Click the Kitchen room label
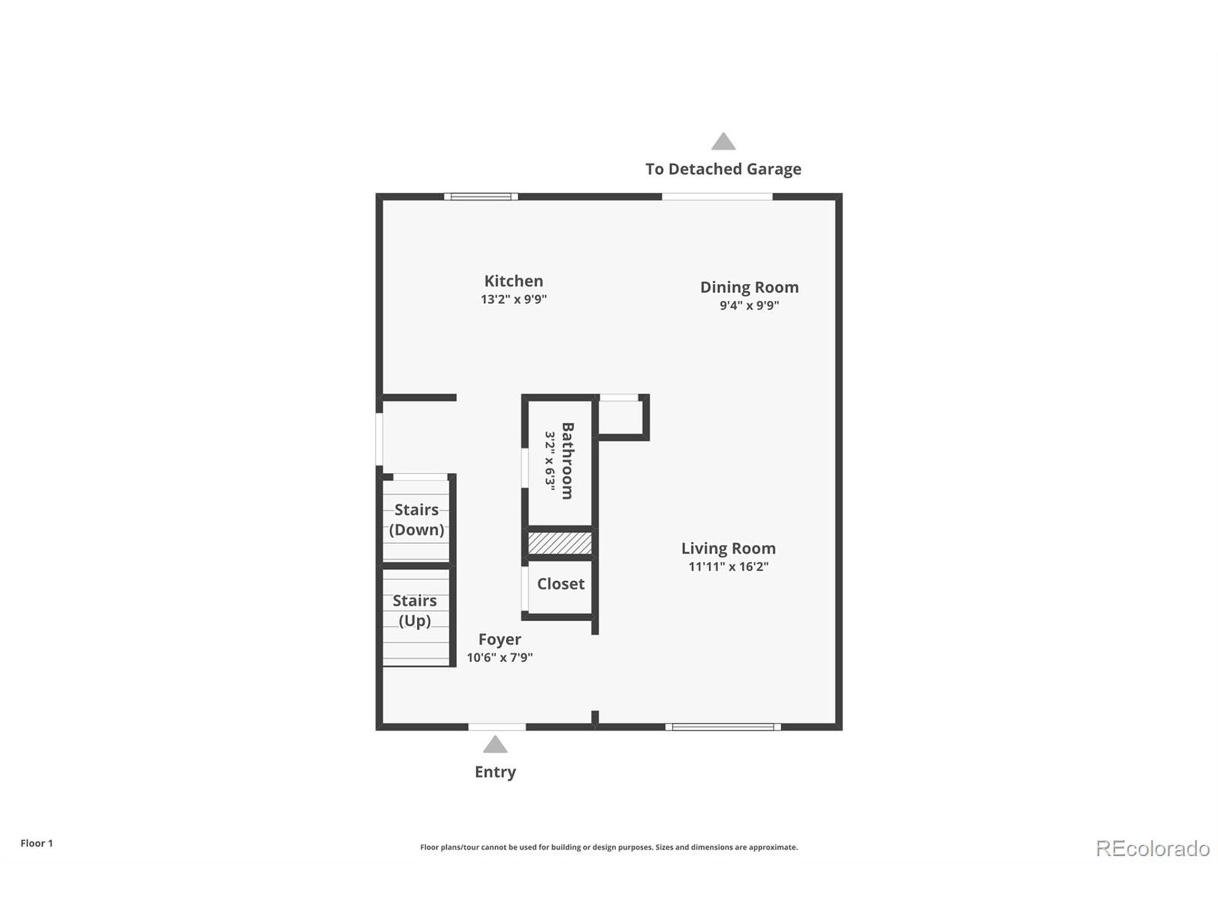tap(513, 281)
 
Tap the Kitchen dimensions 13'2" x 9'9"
tap(513, 299)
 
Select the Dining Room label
tap(749, 287)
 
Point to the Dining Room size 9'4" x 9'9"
tap(749, 305)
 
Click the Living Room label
tap(728, 548)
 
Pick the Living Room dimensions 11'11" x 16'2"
tap(728, 566)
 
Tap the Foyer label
tap(500, 639)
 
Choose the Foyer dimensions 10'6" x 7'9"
tap(500, 657)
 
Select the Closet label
tap(560, 584)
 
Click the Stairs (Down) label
tap(416, 519)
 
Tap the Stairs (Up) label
tap(414, 610)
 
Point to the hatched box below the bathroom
tap(560, 543)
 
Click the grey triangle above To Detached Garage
tap(723, 142)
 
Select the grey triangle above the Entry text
tap(495, 745)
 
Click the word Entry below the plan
tap(495, 772)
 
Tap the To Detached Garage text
tap(723, 169)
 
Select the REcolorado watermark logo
tap(1152, 848)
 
